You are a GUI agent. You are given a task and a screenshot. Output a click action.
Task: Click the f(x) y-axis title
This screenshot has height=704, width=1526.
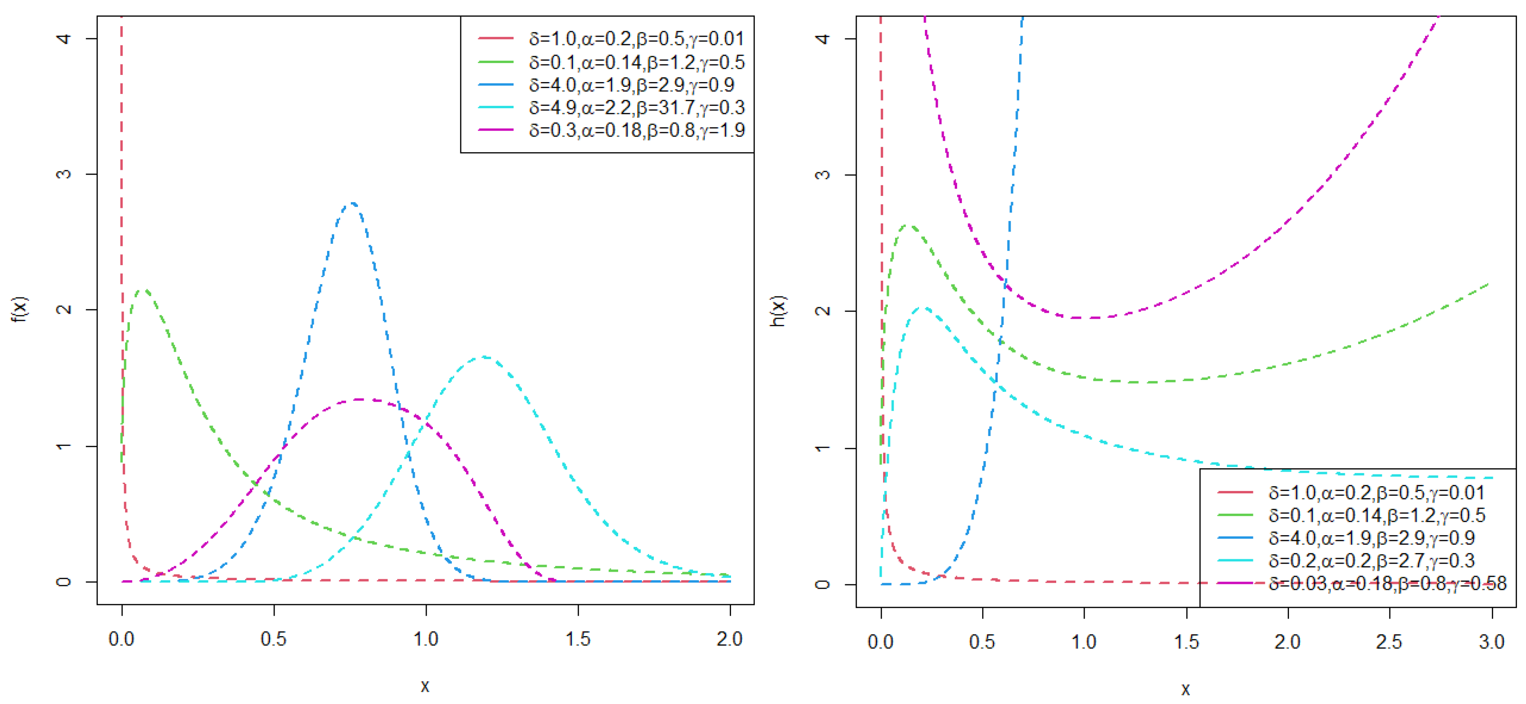coord(19,309)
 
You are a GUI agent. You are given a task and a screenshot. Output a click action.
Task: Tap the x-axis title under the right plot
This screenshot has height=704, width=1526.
coord(1185,689)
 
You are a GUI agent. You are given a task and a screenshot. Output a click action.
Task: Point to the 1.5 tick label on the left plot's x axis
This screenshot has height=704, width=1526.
coord(577,639)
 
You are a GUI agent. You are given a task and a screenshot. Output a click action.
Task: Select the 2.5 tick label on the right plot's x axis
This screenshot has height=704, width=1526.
coord(1389,641)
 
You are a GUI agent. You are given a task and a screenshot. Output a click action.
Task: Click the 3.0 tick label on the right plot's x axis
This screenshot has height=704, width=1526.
coord(1491,641)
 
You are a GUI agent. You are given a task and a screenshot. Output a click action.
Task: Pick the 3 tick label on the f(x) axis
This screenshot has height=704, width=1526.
coord(64,174)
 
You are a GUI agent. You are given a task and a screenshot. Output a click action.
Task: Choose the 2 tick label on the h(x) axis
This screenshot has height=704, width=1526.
coord(822,311)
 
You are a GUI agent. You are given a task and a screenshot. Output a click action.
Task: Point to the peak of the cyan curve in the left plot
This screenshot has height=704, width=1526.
coord(484,357)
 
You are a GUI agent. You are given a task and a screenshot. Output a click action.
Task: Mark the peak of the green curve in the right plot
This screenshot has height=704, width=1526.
coord(908,225)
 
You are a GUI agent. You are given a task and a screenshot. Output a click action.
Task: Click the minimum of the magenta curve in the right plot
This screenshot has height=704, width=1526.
coord(1093,318)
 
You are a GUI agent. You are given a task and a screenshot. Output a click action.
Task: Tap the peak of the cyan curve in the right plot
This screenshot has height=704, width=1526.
coord(924,307)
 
